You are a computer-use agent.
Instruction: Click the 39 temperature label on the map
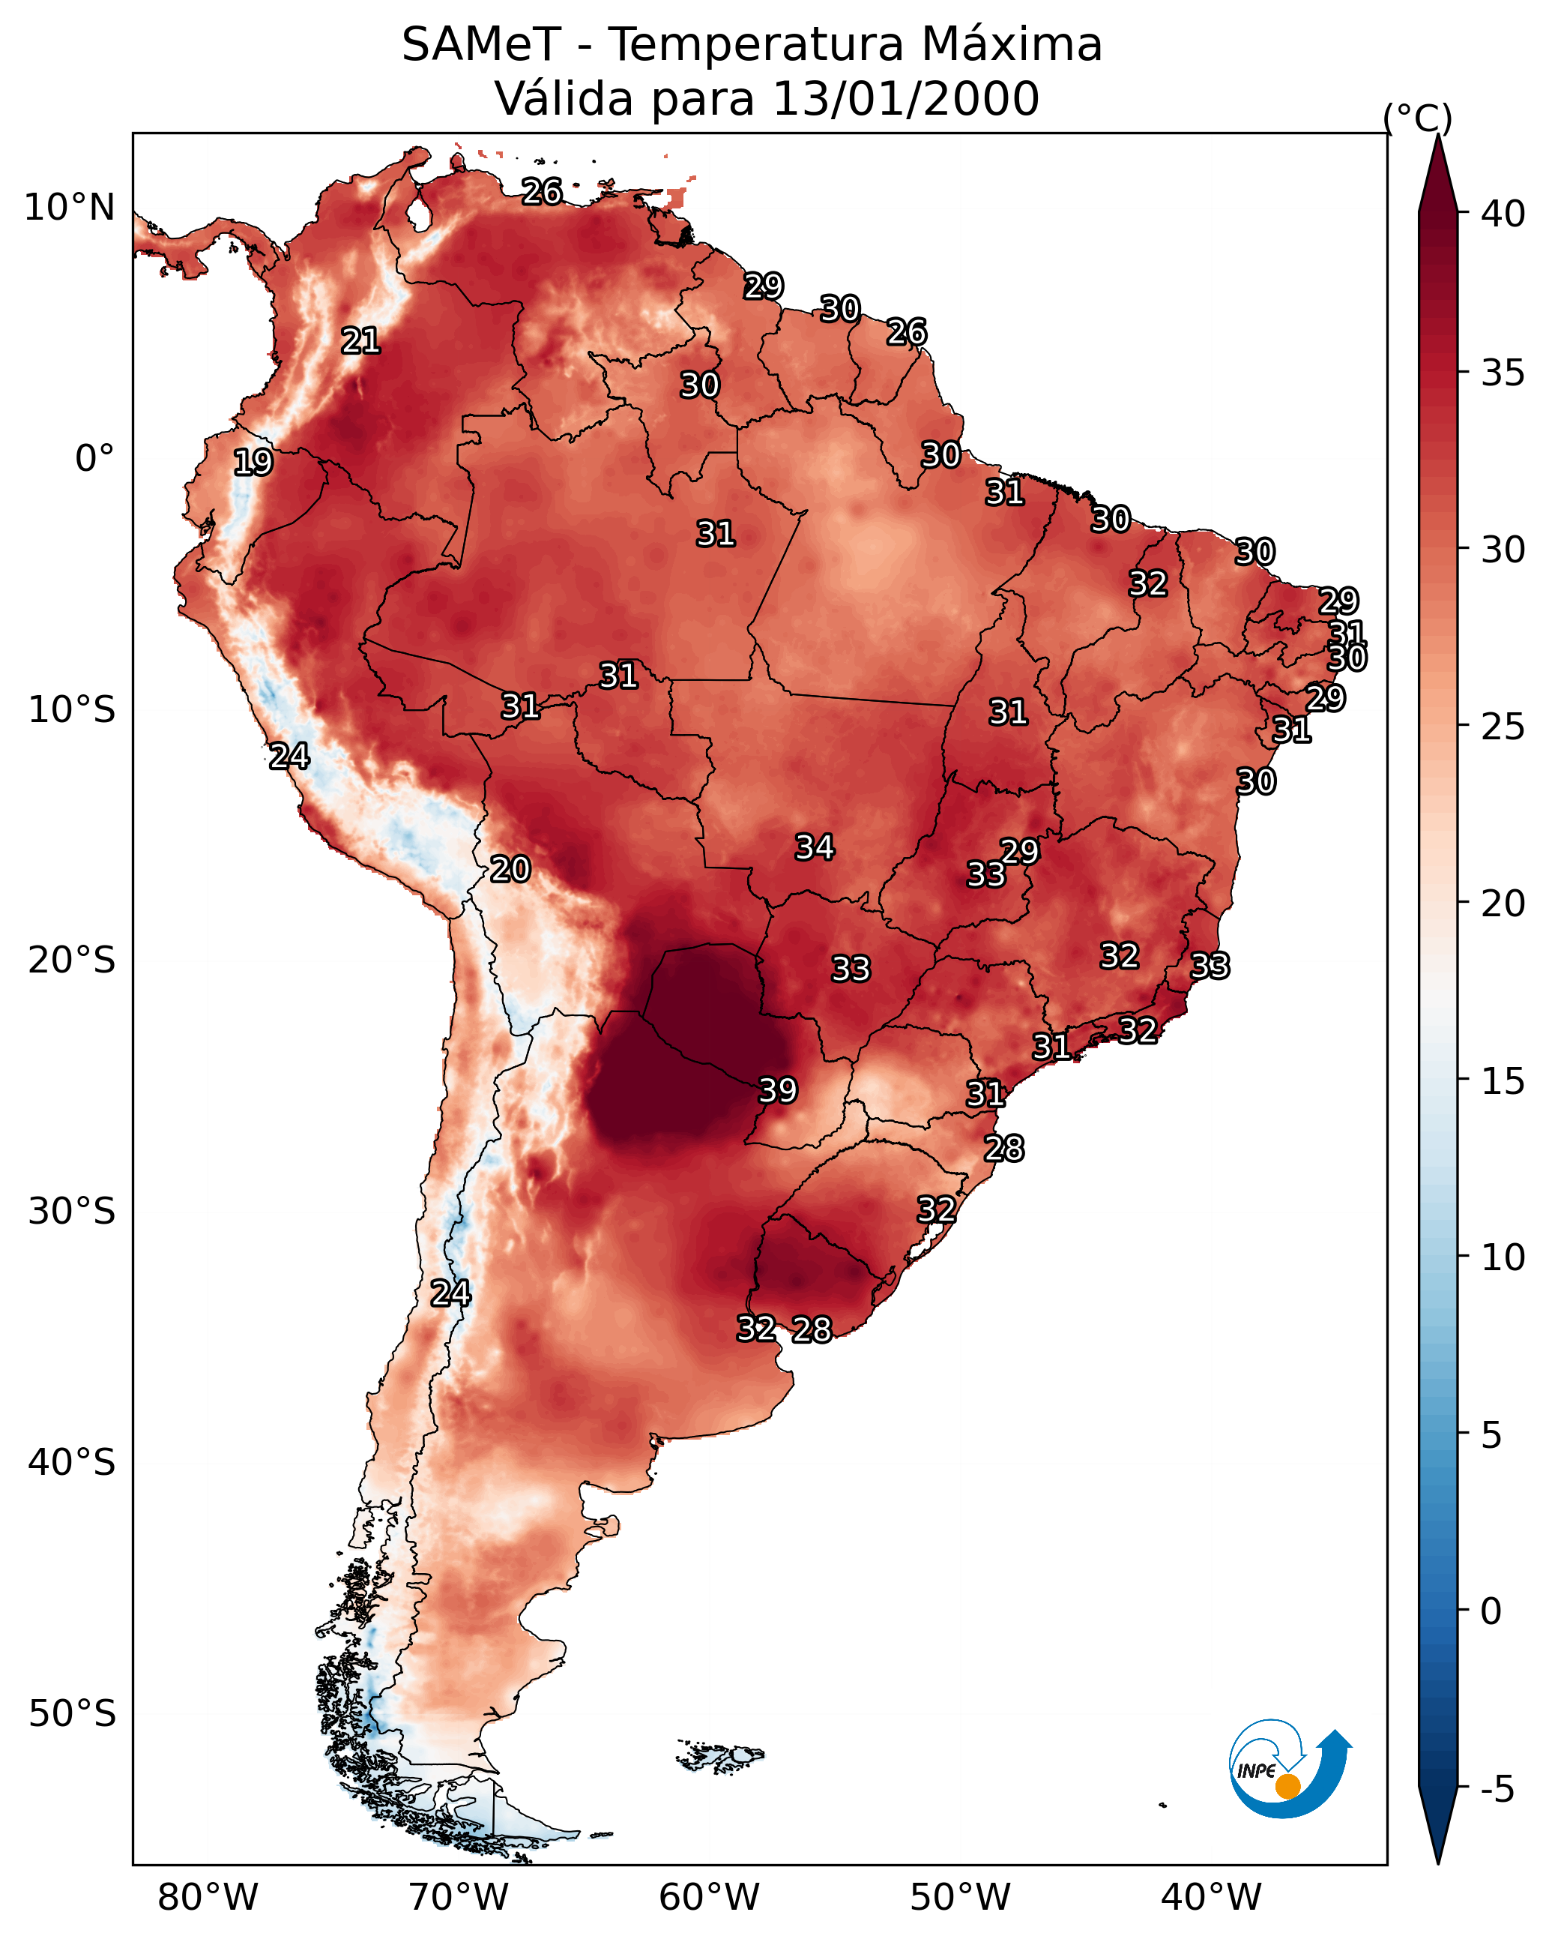click(x=778, y=1091)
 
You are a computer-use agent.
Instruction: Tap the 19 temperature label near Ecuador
click(x=253, y=463)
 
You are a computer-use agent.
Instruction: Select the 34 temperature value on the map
click(x=815, y=847)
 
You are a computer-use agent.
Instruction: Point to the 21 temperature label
click(x=360, y=341)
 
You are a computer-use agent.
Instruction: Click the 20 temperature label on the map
click(x=510, y=870)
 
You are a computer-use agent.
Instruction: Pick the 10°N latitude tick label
click(x=69, y=208)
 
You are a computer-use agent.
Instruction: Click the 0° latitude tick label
click(x=94, y=459)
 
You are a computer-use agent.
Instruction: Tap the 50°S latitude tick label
click(x=72, y=1714)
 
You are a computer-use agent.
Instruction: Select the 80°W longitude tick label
click(x=208, y=1897)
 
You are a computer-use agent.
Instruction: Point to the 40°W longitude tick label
click(x=1211, y=1897)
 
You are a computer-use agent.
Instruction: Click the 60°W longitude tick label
click(x=710, y=1897)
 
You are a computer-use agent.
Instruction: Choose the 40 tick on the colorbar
click(x=1503, y=214)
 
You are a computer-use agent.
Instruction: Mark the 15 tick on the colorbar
click(x=1503, y=1081)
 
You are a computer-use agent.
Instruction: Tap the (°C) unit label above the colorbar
click(x=1418, y=118)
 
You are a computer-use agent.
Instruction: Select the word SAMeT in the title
click(x=481, y=45)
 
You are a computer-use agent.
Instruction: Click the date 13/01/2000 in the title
click(x=905, y=99)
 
